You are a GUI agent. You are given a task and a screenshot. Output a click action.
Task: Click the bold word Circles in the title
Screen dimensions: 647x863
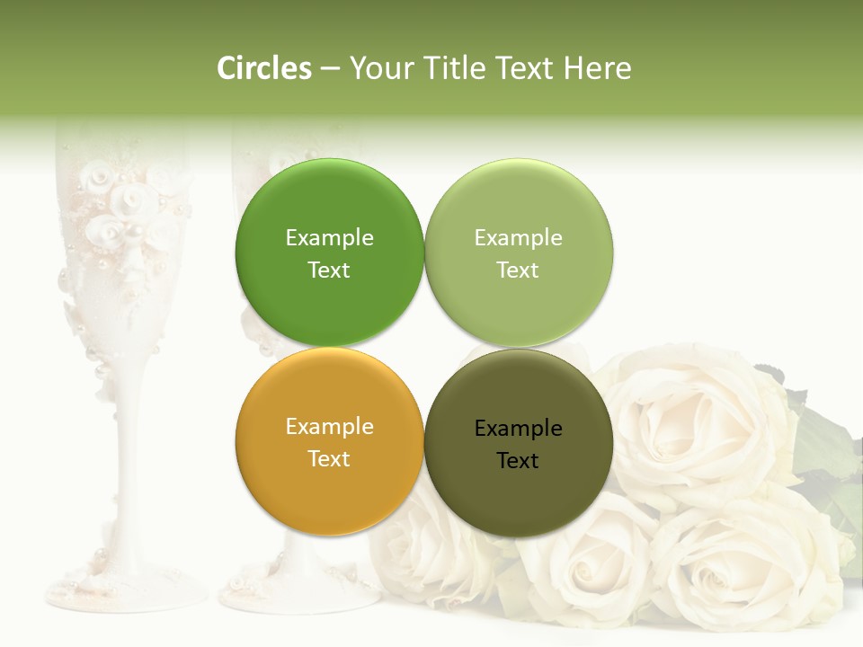(x=264, y=68)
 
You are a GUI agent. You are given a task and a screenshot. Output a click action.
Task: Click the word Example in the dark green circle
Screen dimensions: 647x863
(x=329, y=238)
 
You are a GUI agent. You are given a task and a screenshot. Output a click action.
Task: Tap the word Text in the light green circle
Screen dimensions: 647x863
(x=518, y=270)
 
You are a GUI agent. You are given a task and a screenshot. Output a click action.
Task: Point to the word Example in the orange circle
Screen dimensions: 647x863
(x=329, y=427)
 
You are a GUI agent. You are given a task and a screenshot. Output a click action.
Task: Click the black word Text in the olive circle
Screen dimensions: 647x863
(x=518, y=461)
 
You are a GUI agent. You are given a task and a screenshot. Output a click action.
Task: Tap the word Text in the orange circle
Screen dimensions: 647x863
(x=329, y=459)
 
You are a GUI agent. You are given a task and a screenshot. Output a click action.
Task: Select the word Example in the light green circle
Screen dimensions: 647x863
(x=518, y=238)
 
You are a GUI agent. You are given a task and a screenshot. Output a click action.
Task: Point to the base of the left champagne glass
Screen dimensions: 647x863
(x=126, y=589)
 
